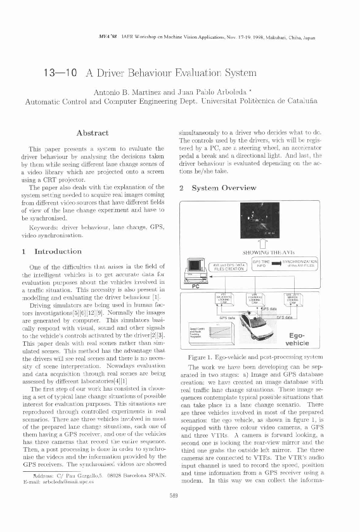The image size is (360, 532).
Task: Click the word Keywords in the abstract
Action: coord(42,225)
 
